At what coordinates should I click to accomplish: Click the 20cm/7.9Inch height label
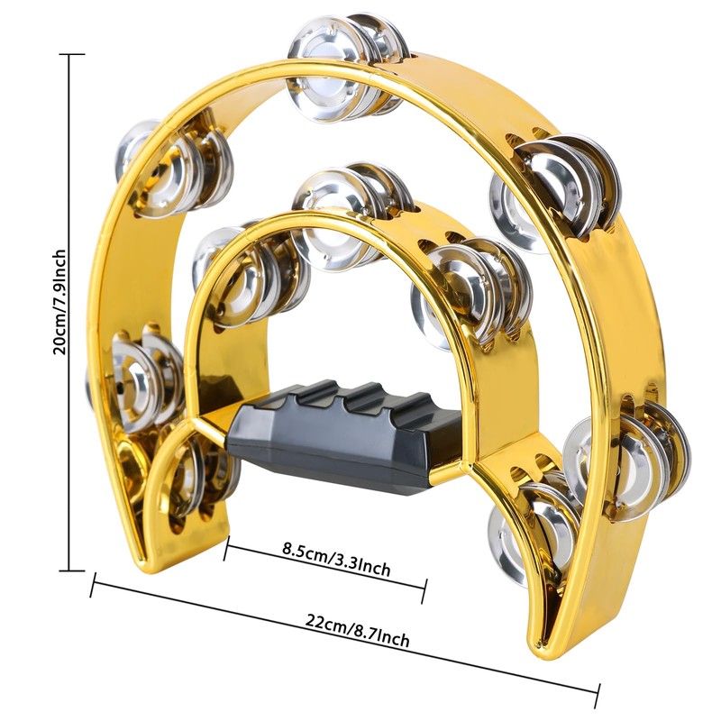(x=60, y=302)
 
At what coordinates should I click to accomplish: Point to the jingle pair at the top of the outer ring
(x=347, y=68)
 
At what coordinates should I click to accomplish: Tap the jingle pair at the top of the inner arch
(x=351, y=216)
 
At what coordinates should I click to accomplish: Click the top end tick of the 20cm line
(x=69, y=54)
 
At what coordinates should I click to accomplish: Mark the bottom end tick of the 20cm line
(x=69, y=570)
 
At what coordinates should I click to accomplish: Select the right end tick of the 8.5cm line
(x=424, y=591)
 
